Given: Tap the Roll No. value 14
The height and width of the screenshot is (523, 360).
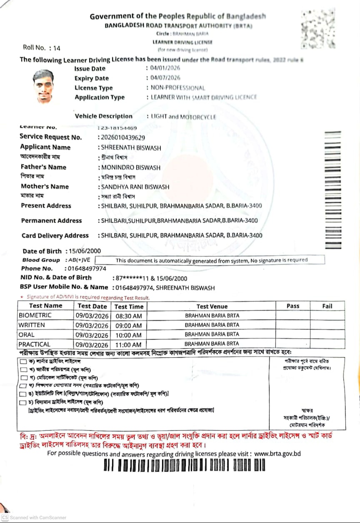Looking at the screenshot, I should (x=57, y=48).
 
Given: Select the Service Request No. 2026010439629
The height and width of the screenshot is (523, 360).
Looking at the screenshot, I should (x=122, y=137).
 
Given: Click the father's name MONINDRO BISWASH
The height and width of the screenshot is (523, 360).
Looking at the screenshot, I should (x=131, y=167).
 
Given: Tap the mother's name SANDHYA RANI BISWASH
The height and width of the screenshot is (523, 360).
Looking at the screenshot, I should (x=135, y=187).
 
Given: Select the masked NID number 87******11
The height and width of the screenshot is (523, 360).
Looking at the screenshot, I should (x=130, y=278).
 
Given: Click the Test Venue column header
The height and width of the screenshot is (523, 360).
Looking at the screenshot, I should (x=212, y=306).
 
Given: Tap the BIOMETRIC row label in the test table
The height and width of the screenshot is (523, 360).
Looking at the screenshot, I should (x=35, y=315).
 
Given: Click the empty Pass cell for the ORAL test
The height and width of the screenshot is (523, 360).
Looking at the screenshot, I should (x=292, y=334).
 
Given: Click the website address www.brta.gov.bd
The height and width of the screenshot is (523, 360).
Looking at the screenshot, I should (x=277, y=453).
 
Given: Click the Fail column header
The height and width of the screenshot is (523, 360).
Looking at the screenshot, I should (x=327, y=306).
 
